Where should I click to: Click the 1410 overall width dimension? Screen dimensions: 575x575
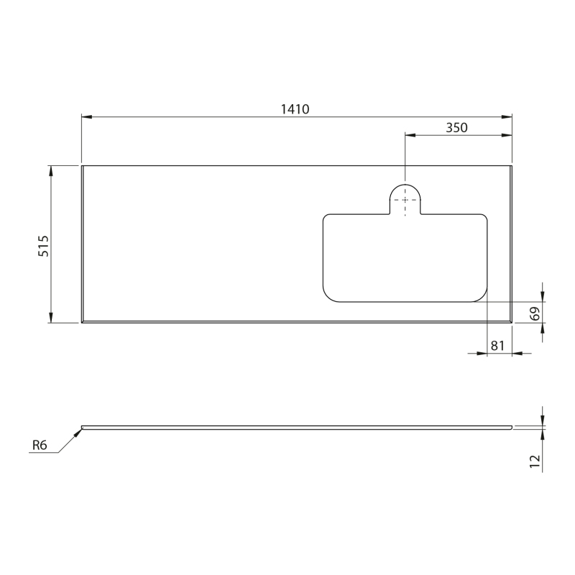click(295, 109)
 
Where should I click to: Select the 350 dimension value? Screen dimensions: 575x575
click(456, 128)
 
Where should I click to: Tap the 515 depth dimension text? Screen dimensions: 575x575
click(43, 246)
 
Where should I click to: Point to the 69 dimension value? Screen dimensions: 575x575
click(535, 313)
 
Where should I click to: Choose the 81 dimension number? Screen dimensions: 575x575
click(497, 346)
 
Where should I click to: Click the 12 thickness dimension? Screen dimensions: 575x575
click(535, 461)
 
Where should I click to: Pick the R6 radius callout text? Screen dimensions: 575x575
click(40, 445)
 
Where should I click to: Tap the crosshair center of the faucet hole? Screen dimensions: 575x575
click(405, 200)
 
